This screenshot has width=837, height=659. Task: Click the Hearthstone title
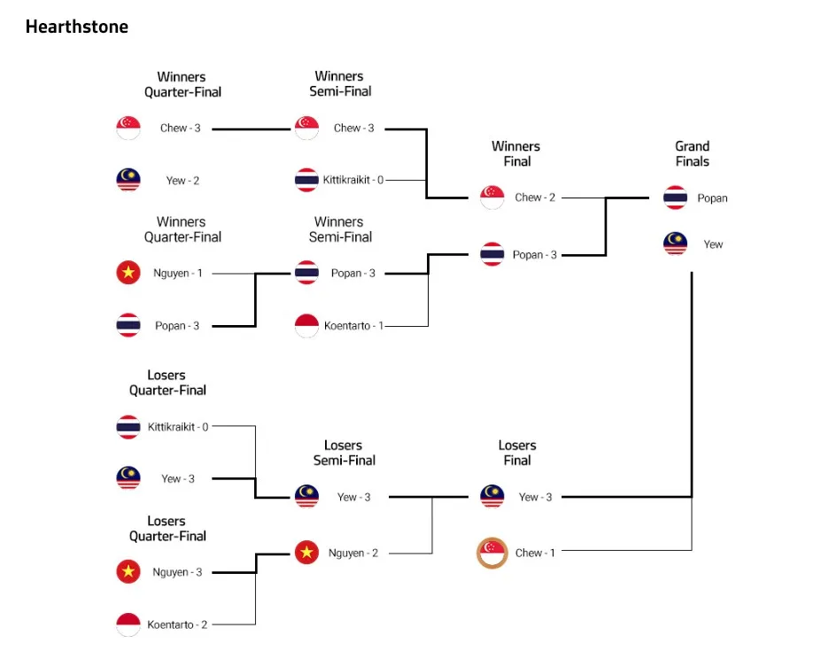(x=77, y=27)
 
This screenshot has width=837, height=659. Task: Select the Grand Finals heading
(x=693, y=154)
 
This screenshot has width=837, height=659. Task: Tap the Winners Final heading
(x=515, y=154)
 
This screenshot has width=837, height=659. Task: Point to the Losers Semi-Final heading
(x=344, y=453)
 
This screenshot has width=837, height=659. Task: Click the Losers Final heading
(x=516, y=453)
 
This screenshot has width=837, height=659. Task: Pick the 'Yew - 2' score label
(x=182, y=181)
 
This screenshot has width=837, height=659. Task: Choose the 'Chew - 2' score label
(x=535, y=198)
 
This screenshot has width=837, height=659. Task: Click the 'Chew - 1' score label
(x=535, y=553)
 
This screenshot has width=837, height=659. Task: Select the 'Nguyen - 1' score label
(x=178, y=273)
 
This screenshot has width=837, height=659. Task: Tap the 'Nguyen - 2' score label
(x=353, y=553)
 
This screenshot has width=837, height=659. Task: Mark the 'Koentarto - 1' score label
(x=354, y=326)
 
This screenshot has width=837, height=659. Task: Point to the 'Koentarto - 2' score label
(x=177, y=624)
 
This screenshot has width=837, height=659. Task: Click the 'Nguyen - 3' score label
(x=177, y=572)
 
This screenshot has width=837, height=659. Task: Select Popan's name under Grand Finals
(x=712, y=198)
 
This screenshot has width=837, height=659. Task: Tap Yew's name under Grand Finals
(x=713, y=244)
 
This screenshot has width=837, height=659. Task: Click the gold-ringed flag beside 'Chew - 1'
(x=492, y=553)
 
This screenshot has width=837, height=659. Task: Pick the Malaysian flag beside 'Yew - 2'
(x=128, y=180)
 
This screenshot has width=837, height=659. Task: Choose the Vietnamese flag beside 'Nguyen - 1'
(x=128, y=272)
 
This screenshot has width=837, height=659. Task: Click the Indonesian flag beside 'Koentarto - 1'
(x=307, y=326)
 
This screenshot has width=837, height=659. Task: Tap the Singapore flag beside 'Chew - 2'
(x=492, y=198)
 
